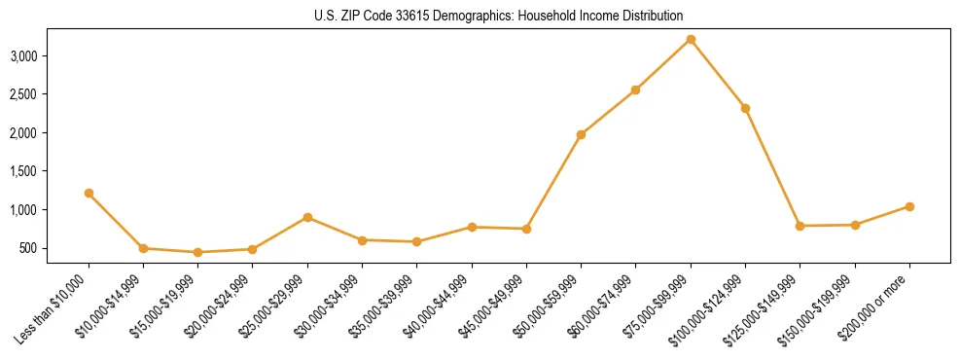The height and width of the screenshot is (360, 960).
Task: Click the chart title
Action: point(499,16)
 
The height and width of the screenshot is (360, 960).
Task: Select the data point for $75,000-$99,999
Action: point(691,39)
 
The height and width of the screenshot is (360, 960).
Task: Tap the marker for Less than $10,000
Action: point(89,193)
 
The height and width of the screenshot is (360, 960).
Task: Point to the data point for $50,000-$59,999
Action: point(581,134)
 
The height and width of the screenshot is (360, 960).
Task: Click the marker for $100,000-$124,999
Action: point(745,108)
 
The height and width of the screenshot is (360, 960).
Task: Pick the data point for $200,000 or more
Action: point(909,206)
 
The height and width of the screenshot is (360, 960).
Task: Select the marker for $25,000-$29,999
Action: point(307,217)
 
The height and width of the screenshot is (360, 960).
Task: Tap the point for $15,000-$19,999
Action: point(197,252)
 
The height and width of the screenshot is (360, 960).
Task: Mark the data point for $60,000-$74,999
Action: point(635,90)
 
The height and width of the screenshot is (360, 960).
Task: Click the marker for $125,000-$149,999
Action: point(800,226)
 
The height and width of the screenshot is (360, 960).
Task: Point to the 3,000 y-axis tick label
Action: point(51,55)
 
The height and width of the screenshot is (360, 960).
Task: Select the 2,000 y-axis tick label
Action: point(51,132)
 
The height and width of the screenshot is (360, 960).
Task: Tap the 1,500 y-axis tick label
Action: point(51,171)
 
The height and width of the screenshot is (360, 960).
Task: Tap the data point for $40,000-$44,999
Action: point(472,227)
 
